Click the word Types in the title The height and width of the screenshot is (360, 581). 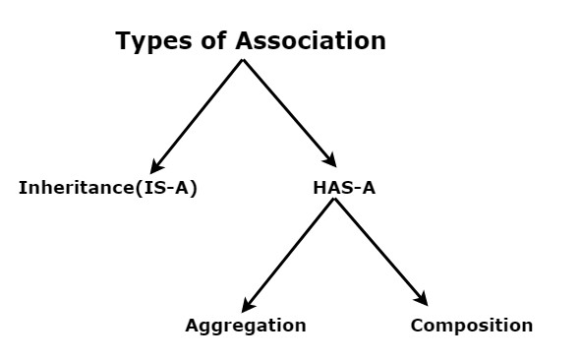pos(147,41)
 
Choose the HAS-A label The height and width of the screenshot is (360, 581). pos(336,188)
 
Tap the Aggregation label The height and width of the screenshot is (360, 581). pos(246,326)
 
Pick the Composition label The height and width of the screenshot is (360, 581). pos(472,326)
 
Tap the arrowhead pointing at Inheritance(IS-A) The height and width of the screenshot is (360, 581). pos(156,167)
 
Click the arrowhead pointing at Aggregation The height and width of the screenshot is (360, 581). pos(248,306)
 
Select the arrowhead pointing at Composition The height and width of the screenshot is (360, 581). pos(422,300)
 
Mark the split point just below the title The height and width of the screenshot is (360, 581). pos(243,60)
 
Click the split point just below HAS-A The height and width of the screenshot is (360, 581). pos(334,200)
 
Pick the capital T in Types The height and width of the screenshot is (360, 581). pos(123,41)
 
